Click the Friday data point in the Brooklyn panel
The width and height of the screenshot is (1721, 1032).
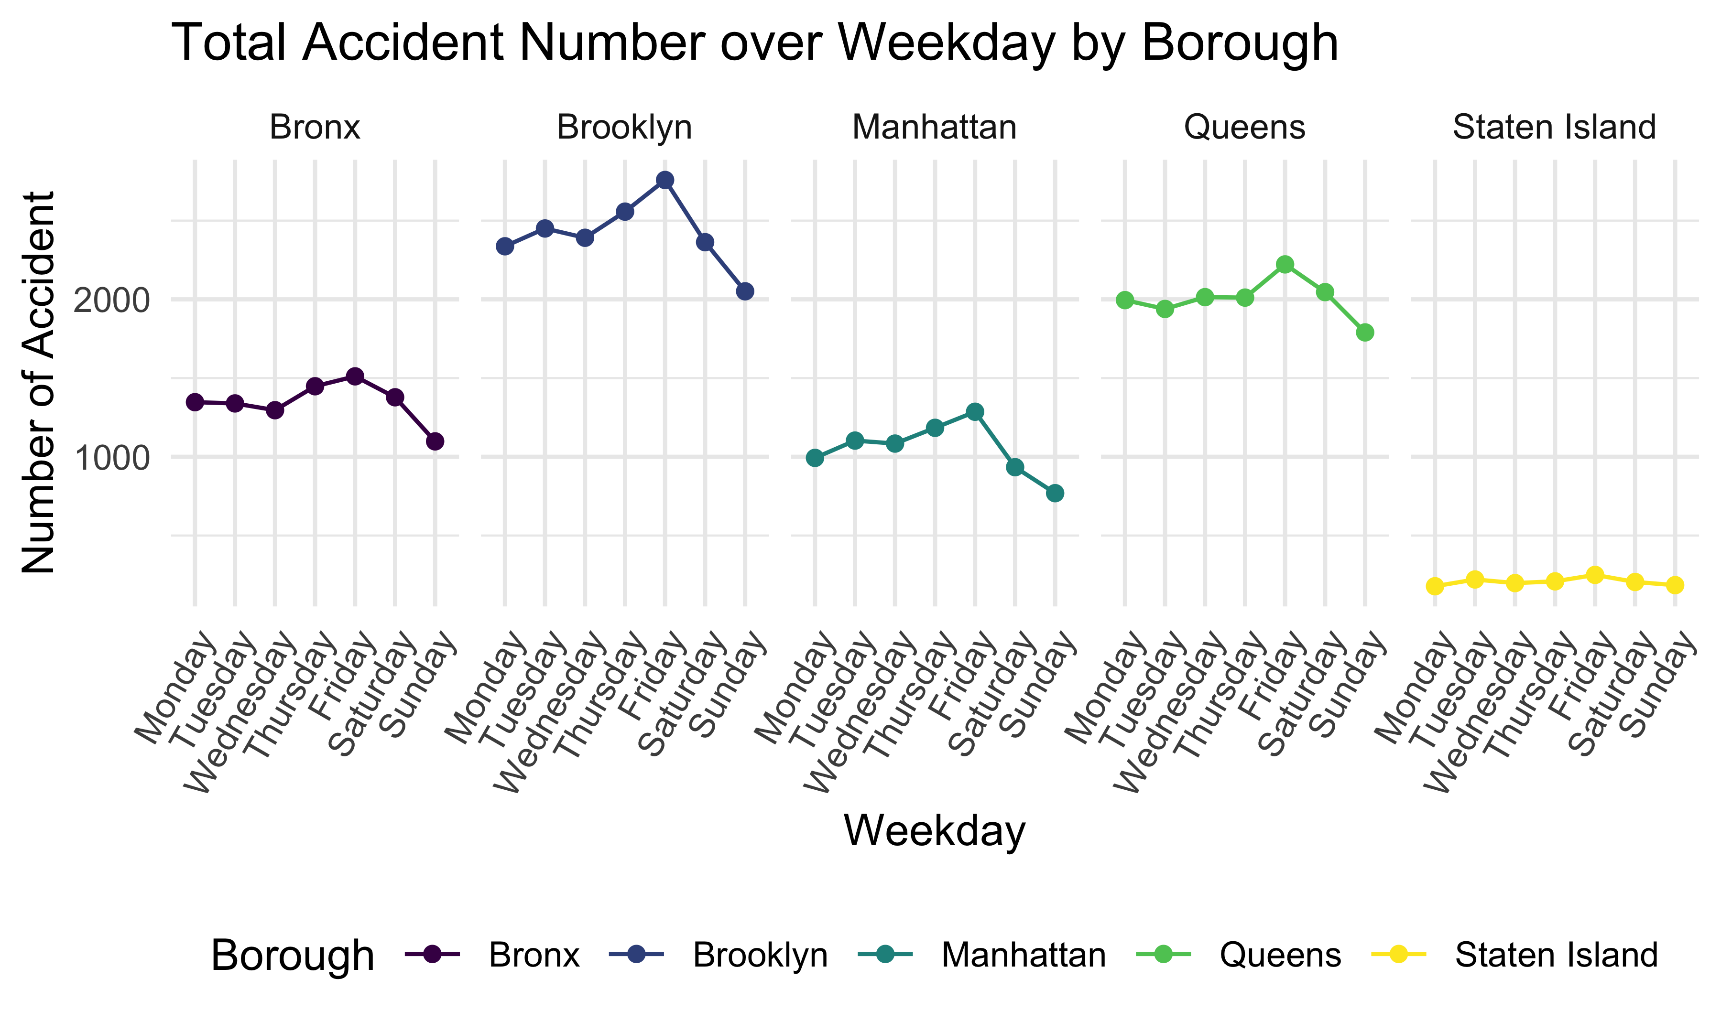click(x=665, y=180)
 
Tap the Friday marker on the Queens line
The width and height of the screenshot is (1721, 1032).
click(x=1285, y=264)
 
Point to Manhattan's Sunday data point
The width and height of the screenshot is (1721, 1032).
click(x=1055, y=494)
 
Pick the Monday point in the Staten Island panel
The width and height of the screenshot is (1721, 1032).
click(x=1434, y=586)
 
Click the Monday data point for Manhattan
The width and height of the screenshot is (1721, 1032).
click(x=815, y=458)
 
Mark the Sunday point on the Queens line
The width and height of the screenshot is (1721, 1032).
click(x=1365, y=333)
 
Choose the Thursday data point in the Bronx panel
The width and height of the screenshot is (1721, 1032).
click(x=315, y=386)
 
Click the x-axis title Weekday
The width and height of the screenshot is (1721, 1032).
click(x=934, y=831)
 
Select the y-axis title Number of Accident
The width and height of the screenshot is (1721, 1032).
click(x=39, y=383)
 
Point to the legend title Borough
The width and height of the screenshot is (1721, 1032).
click(x=292, y=956)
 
